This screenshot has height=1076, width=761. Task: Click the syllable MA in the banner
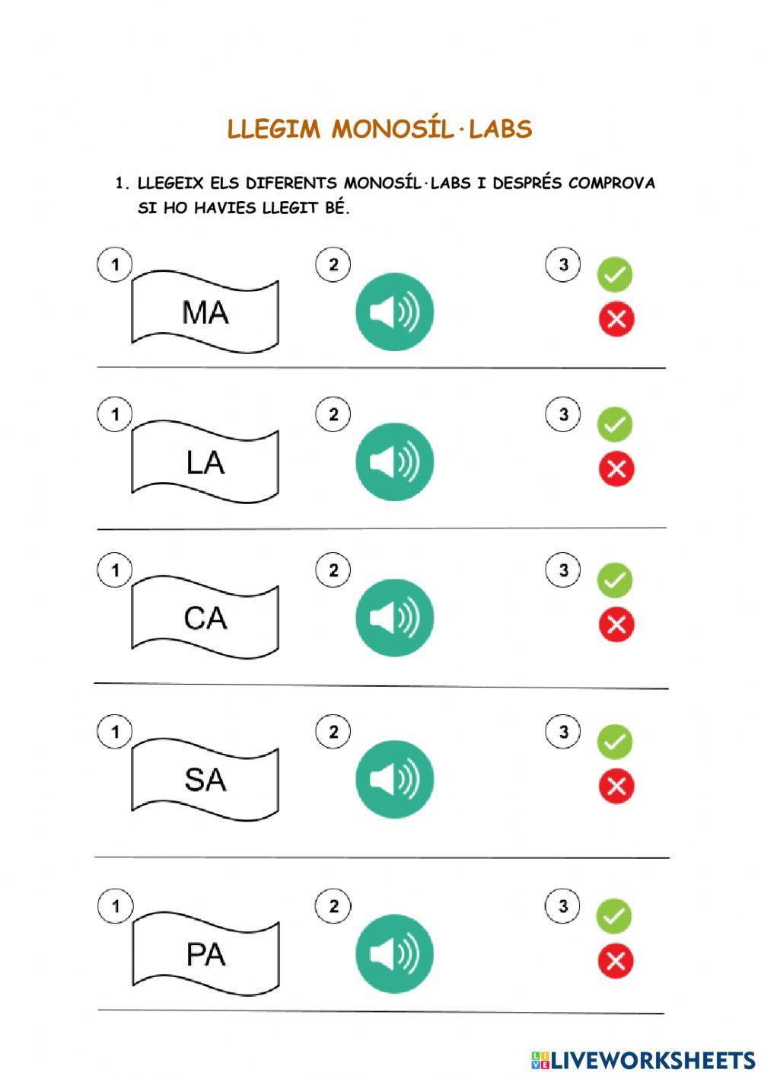click(205, 312)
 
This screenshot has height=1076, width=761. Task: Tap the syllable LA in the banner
click(205, 462)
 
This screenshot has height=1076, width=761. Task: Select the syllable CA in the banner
click(205, 618)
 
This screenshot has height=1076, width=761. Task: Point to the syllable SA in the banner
click(205, 779)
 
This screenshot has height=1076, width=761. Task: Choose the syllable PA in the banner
click(205, 954)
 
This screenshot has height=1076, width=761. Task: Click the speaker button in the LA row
click(394, 462)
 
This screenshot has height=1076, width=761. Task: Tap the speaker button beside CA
click(394, 618)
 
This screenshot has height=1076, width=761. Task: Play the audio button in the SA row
click(394, 779)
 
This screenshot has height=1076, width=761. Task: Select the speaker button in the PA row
click(394, 954)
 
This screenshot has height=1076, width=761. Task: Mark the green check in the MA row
click(615, 274)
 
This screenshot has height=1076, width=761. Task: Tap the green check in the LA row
click(615, 424)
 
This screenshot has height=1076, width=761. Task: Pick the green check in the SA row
click(615, 741)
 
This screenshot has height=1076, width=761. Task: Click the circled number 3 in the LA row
click(563, 415)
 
